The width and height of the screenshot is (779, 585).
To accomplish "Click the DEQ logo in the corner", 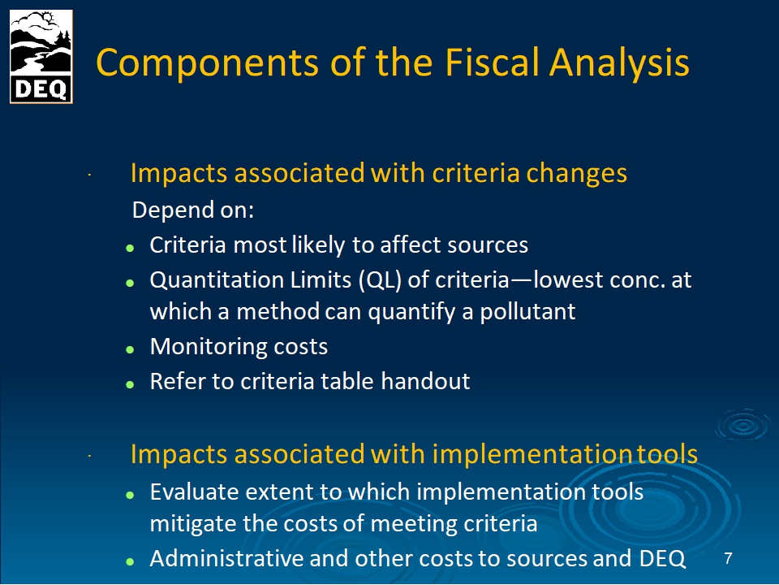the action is [x=41, y=57].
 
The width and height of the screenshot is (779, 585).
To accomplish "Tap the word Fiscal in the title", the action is [x=492, y=63].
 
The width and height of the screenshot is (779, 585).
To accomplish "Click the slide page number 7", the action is [x=728, y=558].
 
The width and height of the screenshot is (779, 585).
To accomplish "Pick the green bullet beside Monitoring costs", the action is [x=130, y=349].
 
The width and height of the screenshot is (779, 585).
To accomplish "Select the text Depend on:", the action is [x=193, y=210].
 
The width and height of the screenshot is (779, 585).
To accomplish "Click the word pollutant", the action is [x=527, y=312].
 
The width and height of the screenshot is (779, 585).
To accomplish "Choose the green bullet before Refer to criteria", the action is [x=130, y=384].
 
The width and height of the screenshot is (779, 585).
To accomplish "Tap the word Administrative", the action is [x=226, y=558].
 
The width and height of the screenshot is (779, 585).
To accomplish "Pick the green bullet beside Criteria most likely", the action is [x=130, y=248].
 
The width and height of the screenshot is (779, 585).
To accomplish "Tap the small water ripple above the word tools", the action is [x=743, y=425].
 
